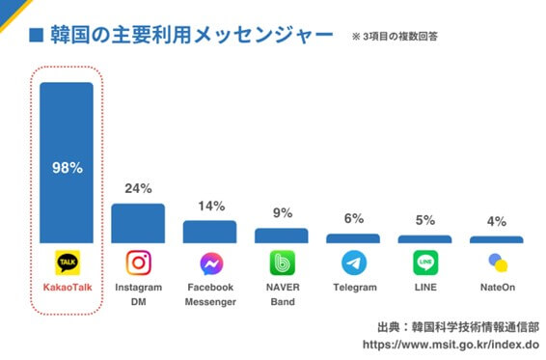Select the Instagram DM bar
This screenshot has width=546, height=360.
(138, 222)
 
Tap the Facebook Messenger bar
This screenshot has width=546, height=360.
(209, 231)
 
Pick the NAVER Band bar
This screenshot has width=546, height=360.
(281, 235)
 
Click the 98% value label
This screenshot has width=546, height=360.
(66, 167)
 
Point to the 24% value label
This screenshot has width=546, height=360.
(138, 189)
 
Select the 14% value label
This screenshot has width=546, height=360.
(210, 207)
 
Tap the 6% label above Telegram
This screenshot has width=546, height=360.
(353, 219)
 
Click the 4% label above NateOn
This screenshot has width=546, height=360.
(496, 222)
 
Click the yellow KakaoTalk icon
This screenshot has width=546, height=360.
(67, 263)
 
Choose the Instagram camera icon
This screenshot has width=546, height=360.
(138, 263)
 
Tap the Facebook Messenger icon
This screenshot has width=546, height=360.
(210, 263)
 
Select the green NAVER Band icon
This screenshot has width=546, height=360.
(282, 263)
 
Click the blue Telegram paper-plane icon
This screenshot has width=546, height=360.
(353, 263)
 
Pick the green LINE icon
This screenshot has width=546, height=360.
(424, 263)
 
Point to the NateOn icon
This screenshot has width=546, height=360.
(497, 263)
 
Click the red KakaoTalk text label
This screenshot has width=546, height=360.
(66, 288)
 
